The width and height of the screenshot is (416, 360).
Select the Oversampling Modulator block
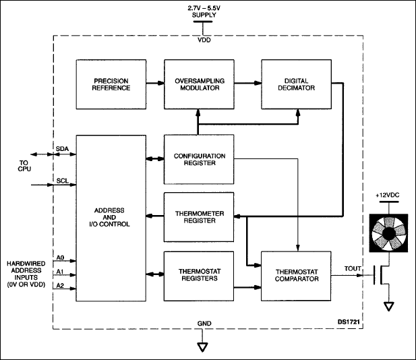click(197, 84)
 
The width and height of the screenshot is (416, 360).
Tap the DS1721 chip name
click(345, 322)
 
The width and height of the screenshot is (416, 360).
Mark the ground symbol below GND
click(202, 347)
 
